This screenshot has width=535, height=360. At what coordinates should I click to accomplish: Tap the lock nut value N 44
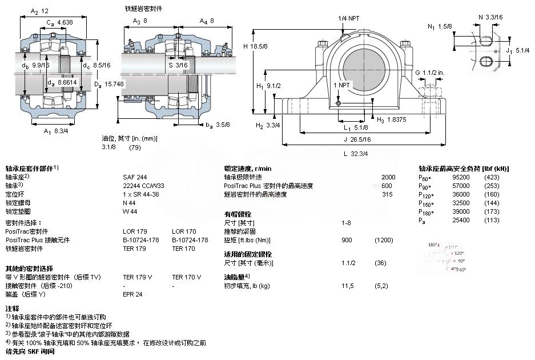click(x=128, y=203)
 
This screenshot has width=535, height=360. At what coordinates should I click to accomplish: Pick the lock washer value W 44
click(x=130, y=211)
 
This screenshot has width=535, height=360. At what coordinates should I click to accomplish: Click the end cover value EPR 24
click(x=132, y=294)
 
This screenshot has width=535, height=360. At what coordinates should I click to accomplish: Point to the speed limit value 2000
click(x=388, y=177)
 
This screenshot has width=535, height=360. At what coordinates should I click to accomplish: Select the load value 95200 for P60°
click(x=460, y=177)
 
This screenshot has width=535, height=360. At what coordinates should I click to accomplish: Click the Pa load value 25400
click(x=460, y=220)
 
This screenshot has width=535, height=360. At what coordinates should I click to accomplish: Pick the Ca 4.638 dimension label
click(x=60, y=23)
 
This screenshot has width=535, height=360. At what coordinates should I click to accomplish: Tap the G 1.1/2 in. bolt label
click(x=430, y=73)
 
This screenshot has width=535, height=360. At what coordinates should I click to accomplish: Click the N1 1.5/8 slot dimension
click(x=440, y=26)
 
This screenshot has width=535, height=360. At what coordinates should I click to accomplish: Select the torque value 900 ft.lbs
click(x=347, y=240)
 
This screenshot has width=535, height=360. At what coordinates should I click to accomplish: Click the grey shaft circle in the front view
click(x=359, y=62)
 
